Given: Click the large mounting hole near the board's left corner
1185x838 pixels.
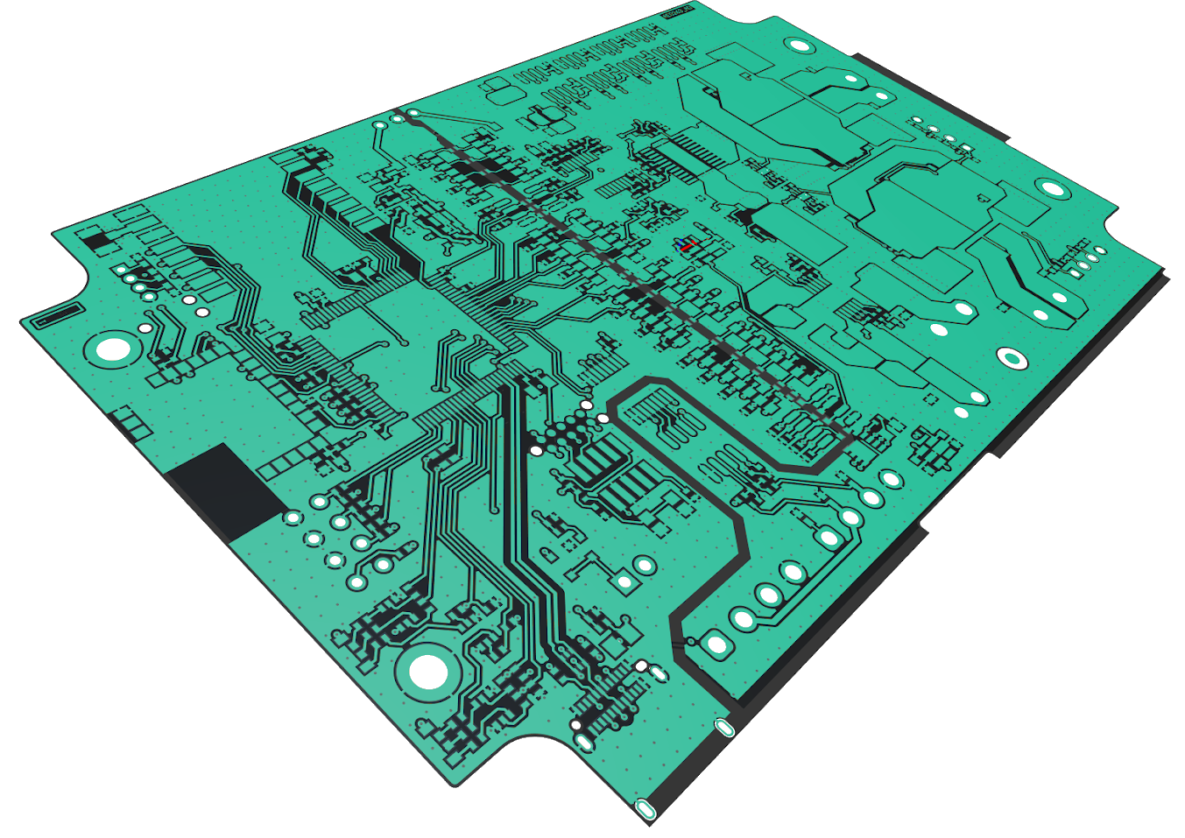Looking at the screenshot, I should pos(113,350).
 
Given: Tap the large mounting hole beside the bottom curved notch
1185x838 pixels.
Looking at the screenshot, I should pos(428,673).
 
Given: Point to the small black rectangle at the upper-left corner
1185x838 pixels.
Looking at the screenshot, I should pos(95,237).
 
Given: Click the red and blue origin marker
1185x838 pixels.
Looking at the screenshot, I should pos(686,246).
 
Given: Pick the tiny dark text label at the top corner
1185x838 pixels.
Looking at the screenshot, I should pos(675,11).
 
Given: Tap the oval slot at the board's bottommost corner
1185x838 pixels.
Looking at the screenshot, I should pos(645,809).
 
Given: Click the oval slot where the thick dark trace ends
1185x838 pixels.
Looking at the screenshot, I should pos(724,727).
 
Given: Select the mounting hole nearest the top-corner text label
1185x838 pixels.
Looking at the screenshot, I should pos(798,45).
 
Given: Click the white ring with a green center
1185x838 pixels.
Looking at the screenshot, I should pos(1012,357).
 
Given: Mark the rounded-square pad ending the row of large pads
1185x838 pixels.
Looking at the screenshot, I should pos(717,646).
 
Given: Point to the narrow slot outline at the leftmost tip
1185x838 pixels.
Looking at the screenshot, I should pos(54,314).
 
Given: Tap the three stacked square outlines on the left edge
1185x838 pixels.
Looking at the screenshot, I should pos(130,422).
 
